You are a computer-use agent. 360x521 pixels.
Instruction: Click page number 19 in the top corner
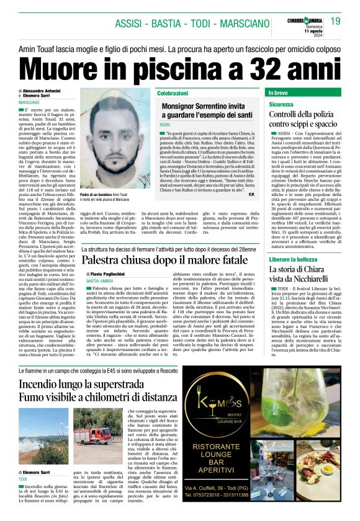[335, 21]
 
